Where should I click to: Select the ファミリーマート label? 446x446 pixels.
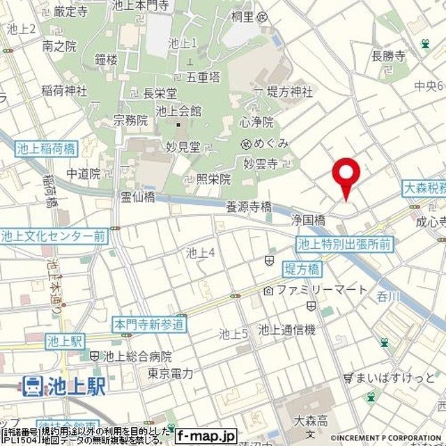click(x=321, y=289)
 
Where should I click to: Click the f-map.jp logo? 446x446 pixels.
click(x=206, y=436)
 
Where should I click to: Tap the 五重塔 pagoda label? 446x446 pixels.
click(x=203, y=77)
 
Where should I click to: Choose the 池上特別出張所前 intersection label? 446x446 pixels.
click(x=344, y=244)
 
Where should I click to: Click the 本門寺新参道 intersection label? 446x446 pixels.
click(x=150, y=324)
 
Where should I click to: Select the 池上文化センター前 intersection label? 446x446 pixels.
click(x=54, y=236)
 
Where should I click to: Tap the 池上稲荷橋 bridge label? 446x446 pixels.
click(x=48, y=148)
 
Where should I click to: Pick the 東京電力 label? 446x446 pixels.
click(x=170, y=374)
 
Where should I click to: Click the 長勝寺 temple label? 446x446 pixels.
click(x=388, y=56)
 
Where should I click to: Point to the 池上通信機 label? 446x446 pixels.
click(x=286, y=329)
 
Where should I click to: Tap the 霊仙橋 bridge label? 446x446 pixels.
click(x=138, y=197)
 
